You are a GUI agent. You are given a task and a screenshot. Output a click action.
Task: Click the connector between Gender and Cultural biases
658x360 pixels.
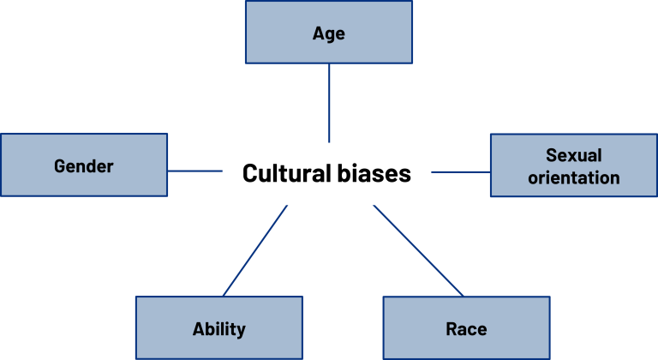tap(194, 171)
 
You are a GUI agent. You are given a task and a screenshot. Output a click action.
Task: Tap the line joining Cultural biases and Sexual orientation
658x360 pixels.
tap(460, 172)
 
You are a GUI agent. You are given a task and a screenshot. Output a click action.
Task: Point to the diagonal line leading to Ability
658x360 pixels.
tap(254, 251)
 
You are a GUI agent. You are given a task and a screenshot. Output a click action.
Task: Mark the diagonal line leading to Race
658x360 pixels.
tap(418, 251)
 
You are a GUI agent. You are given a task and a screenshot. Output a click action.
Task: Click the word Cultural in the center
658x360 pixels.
tap(284, 173)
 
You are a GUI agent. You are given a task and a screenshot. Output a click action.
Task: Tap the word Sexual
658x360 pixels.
tap(573, 156)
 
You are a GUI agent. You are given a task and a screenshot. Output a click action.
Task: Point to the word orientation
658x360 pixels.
tap(573, 177)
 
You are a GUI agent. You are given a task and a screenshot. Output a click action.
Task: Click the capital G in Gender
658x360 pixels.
tap(60, 166)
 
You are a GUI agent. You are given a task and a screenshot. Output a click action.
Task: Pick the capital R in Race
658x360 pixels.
tap(451, 329)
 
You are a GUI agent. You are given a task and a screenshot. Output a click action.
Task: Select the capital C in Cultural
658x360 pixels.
tap(249, 173)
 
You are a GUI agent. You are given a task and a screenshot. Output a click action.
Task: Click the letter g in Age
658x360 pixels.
tap(329, 35)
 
